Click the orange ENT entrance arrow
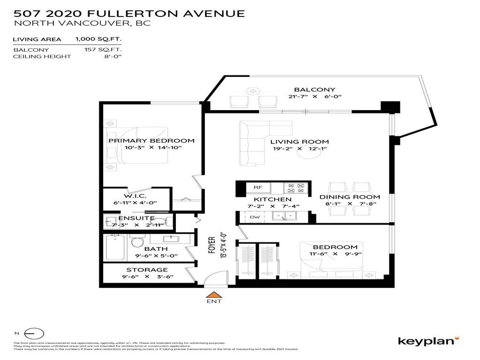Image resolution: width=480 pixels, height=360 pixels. click(x=214, y=295)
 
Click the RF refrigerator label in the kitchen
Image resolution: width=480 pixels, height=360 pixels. click(x=257, y=187)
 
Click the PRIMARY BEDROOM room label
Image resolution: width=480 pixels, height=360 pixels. click(x=151, y=141)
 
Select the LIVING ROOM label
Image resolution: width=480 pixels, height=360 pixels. click(x=299, y=142)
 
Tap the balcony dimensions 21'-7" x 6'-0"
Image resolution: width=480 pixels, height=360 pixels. click(x=315, y=97)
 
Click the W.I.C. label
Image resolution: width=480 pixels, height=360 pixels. click(x=135, y=195)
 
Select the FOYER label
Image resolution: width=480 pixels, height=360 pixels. click(x=211, y=245)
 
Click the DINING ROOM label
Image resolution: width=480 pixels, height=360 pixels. click(x=349, y=197)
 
